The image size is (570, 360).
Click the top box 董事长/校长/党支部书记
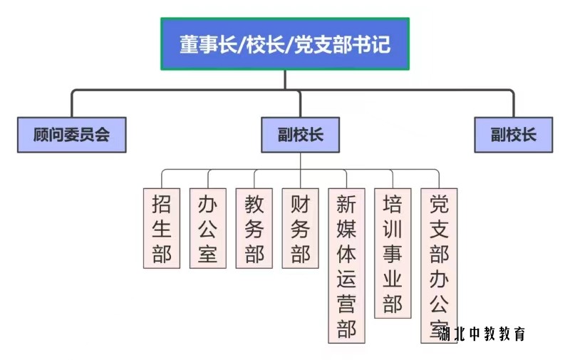coord(285,44)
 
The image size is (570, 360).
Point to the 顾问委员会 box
coord(71,135)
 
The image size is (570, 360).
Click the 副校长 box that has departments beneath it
coord(300,135)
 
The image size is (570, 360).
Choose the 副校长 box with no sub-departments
coord(513,135)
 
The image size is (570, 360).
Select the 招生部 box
coord(162,228)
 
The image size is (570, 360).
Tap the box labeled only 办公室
coord(208,228)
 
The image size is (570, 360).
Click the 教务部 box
coord(254,228)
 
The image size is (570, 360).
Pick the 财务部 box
coord(301,228)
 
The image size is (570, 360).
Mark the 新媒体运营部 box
coord(347,265)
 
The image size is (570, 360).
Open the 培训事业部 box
coord(393,253)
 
